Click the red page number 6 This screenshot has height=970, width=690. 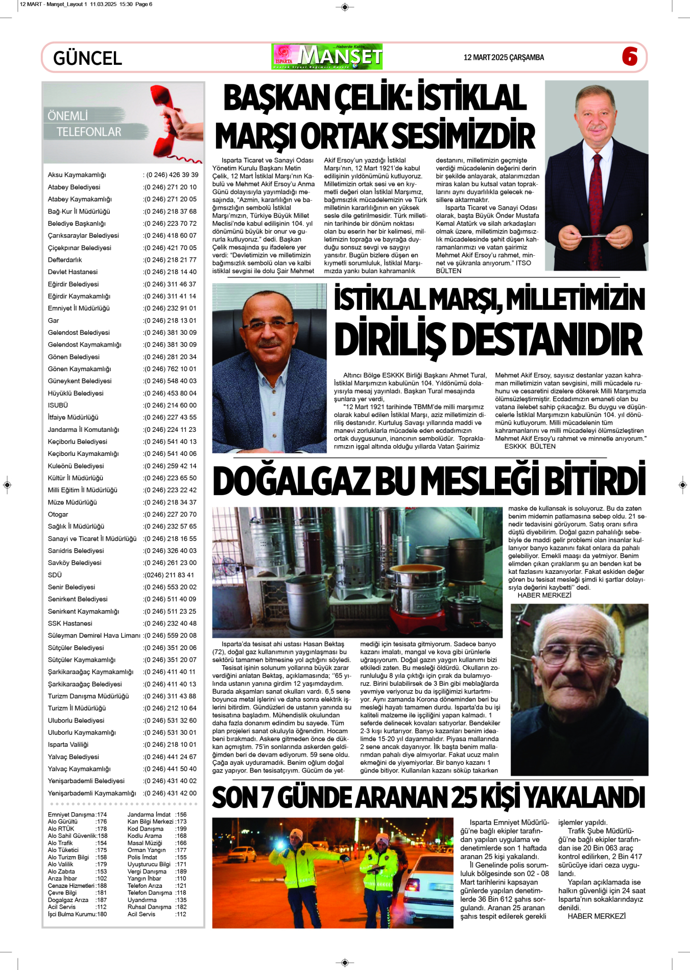point(630,56)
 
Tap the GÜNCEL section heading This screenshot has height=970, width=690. point(87,58)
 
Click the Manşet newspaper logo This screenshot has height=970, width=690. point(327,57)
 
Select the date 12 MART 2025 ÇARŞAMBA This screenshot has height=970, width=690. point(504,58)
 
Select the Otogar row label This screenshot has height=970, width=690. point(58,515)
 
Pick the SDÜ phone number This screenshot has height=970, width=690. point(169,575)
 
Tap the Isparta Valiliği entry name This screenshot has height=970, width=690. point(68,745)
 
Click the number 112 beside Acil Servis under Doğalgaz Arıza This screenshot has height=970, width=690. point(102,907)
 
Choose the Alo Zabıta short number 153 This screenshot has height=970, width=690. point(102,871)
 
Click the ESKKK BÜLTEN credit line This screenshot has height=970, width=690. point(530,446)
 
